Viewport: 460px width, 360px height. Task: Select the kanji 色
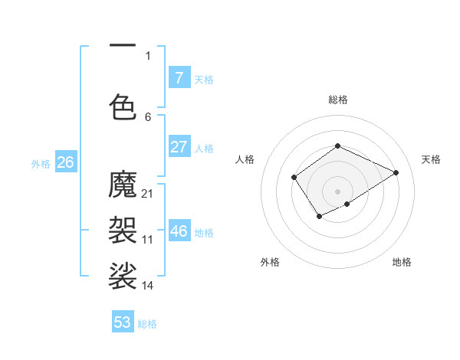click(x=123, y=106)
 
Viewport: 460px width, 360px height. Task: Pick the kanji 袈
click(x=123, y=230)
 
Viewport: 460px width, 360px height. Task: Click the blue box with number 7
click(x=179, y=77)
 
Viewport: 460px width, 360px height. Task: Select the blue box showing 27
click(x=179, y=147)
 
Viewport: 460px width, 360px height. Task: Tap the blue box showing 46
click(x=179, y=231)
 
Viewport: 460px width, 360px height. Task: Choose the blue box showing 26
click(x=65, y=162)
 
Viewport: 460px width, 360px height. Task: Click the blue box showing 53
click(x=123, y=322)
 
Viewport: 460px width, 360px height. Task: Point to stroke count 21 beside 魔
click(x=148, y=193)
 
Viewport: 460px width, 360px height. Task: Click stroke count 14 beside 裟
click(x=148, y=285)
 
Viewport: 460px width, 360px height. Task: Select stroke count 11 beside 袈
click(x=148, y=240)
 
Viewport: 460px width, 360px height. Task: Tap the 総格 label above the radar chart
click(x=337, y=100)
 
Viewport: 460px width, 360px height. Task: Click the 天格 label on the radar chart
click(x=431, y=159)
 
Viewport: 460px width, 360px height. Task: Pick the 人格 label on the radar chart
click(x=245, y=159)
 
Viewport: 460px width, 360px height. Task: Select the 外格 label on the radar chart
click(x=270, y=262)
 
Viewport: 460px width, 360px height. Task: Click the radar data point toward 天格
click(x=396, y=172)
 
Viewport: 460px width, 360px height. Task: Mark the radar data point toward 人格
click(x=294, y=178)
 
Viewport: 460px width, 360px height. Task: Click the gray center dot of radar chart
click(x=337, y=191)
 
